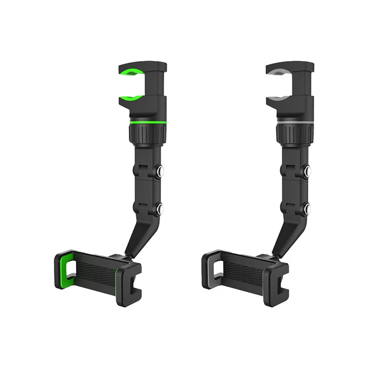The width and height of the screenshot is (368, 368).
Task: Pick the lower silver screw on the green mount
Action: [161, 210]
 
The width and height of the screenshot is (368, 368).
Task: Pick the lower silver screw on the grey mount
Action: [308, 210]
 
